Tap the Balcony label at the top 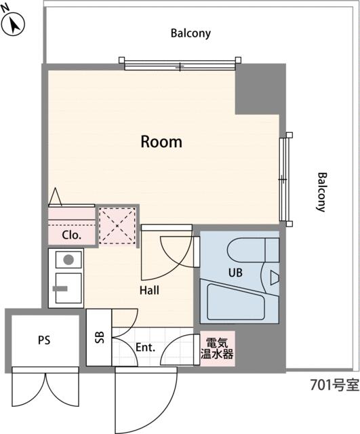(x=191, y=33)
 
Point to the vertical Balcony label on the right (x=322, y=192)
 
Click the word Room (x=161, y=142)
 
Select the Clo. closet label (x=71, y=235)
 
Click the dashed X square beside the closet (x=117, y=226)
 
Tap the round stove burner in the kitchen (x=68, y=260)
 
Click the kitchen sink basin (x=68, y=288)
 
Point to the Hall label (x=149, y=290)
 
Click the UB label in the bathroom (x=235, y=273)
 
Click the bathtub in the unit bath (x=236, y=302)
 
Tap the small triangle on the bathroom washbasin (x=274, y=278)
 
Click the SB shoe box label (x=99, y=337)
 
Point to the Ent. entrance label (x=145, y=347)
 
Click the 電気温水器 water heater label (x=217, y=349)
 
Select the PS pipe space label (x=44, y=340)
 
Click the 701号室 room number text (x=334, y=385)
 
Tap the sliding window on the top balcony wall (x=180, y=64)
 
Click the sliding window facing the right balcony (x=285, y=179)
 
